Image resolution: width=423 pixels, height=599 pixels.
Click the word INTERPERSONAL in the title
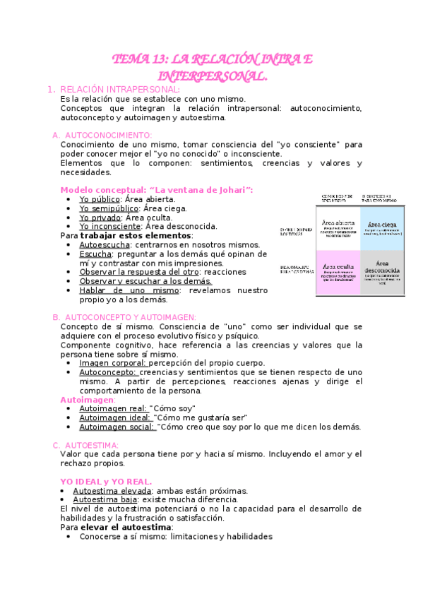[x=212, y=75]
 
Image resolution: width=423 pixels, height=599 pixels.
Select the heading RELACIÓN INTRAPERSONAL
[x=120, y=90]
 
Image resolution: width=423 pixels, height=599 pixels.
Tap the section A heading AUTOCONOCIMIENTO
[x=107, y=135]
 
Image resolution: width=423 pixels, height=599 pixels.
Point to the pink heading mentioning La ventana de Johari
[x=157, y=190]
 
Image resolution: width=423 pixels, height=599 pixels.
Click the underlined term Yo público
[x=100, y=199]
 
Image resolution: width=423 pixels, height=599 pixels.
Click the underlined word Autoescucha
[x=105, y=245]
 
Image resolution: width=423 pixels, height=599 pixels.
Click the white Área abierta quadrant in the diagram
[x=338, y=227]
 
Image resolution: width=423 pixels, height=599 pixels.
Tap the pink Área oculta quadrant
[x=338, y=272]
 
